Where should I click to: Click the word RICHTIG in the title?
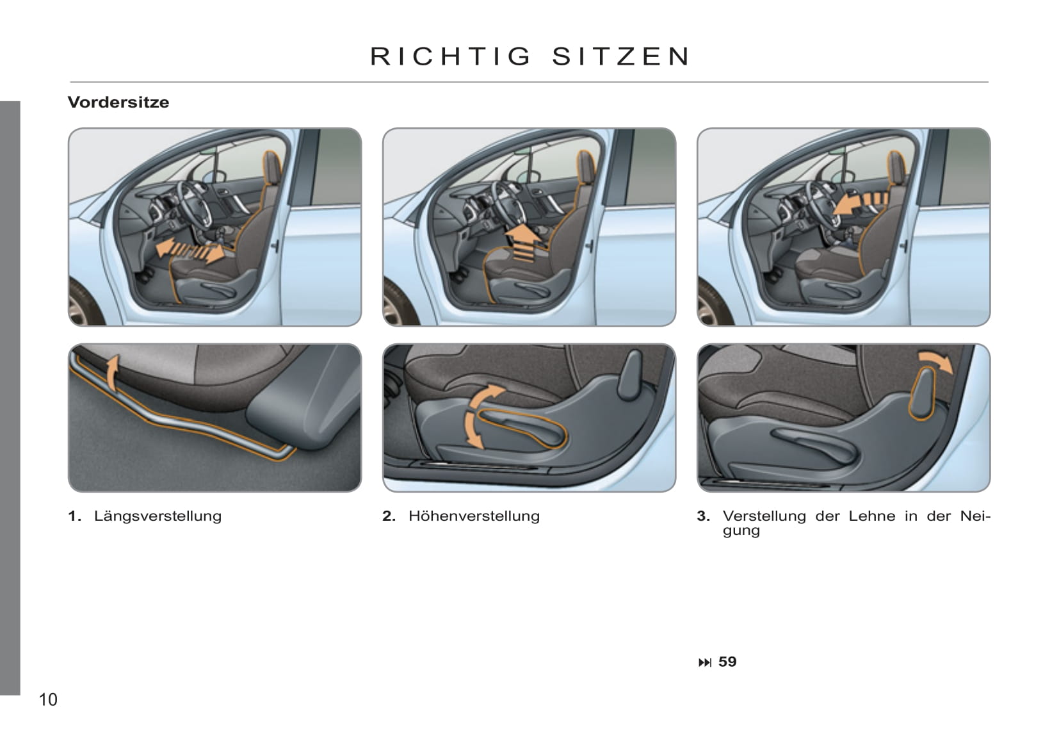pos(451,56)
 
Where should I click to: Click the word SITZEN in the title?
pos(621,56)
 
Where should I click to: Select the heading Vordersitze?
pos(118,102)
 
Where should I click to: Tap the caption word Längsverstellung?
pos(158,516)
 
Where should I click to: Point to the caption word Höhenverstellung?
pos(474,516)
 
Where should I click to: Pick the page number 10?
pos(48,699)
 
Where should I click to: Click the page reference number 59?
pos(727,662)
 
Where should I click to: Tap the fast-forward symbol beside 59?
pos(704,662)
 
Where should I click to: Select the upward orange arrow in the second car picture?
pos(523,242)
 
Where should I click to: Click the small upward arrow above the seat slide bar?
pos(111,373)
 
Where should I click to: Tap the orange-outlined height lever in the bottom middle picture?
pos(522,428)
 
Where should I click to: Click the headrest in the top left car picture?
pos(271,167)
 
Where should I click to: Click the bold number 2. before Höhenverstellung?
pos(389,516)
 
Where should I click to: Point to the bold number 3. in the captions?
pos(703,516)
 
